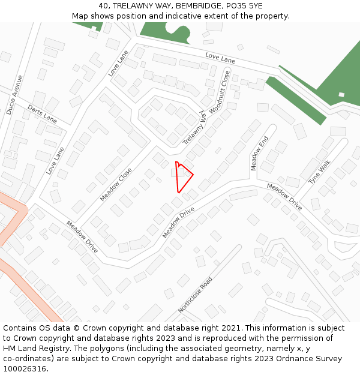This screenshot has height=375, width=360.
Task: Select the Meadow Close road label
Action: [116, 184]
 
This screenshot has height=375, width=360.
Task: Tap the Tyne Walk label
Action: [319, 172]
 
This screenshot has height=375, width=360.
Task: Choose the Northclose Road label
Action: [195, 295]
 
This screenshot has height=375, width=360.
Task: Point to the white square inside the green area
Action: [341, 94]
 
